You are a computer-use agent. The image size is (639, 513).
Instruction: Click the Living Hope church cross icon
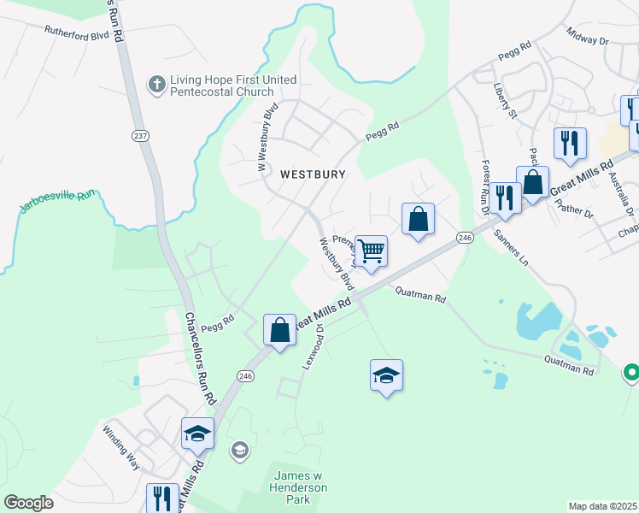[156, 84]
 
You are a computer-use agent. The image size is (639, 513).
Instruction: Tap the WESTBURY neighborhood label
[314, 174]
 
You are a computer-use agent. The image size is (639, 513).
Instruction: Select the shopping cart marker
[371, 251]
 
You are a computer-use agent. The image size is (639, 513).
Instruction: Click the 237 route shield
[140, 136]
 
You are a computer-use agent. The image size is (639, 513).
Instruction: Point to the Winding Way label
[120, 446]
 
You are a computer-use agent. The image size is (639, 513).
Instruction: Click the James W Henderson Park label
[299, 486]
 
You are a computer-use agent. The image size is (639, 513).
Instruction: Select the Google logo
[28, 503]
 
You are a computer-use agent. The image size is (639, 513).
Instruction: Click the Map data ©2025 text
[602, 506]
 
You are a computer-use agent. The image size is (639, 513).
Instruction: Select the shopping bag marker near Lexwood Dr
[280, 330]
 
